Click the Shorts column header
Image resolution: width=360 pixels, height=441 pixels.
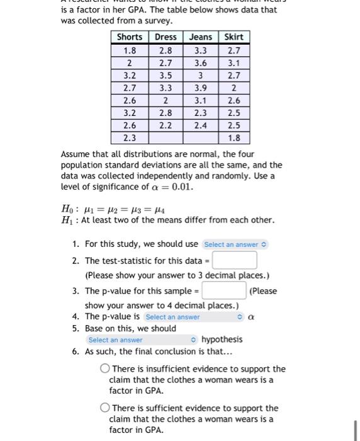tap(130, 37)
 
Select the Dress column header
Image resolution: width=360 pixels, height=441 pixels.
tap(166, 37)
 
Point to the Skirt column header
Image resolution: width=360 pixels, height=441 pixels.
tap(233, 37)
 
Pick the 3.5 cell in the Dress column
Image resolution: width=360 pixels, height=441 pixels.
tap(166, 75)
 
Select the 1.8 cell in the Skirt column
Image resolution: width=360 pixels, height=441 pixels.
tap(233, 138)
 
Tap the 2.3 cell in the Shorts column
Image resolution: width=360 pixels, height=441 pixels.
tap(130, 138)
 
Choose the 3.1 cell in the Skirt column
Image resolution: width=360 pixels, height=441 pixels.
tap(233, 62)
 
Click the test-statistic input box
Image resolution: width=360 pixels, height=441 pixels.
tap(234, 260)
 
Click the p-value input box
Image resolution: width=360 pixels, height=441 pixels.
tap(223, 290)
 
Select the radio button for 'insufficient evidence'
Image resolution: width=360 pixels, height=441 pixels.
tap(106, 369)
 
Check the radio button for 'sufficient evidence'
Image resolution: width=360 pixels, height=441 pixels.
tap(106, 408)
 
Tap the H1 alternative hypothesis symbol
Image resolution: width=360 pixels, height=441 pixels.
tap(66, 220)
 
